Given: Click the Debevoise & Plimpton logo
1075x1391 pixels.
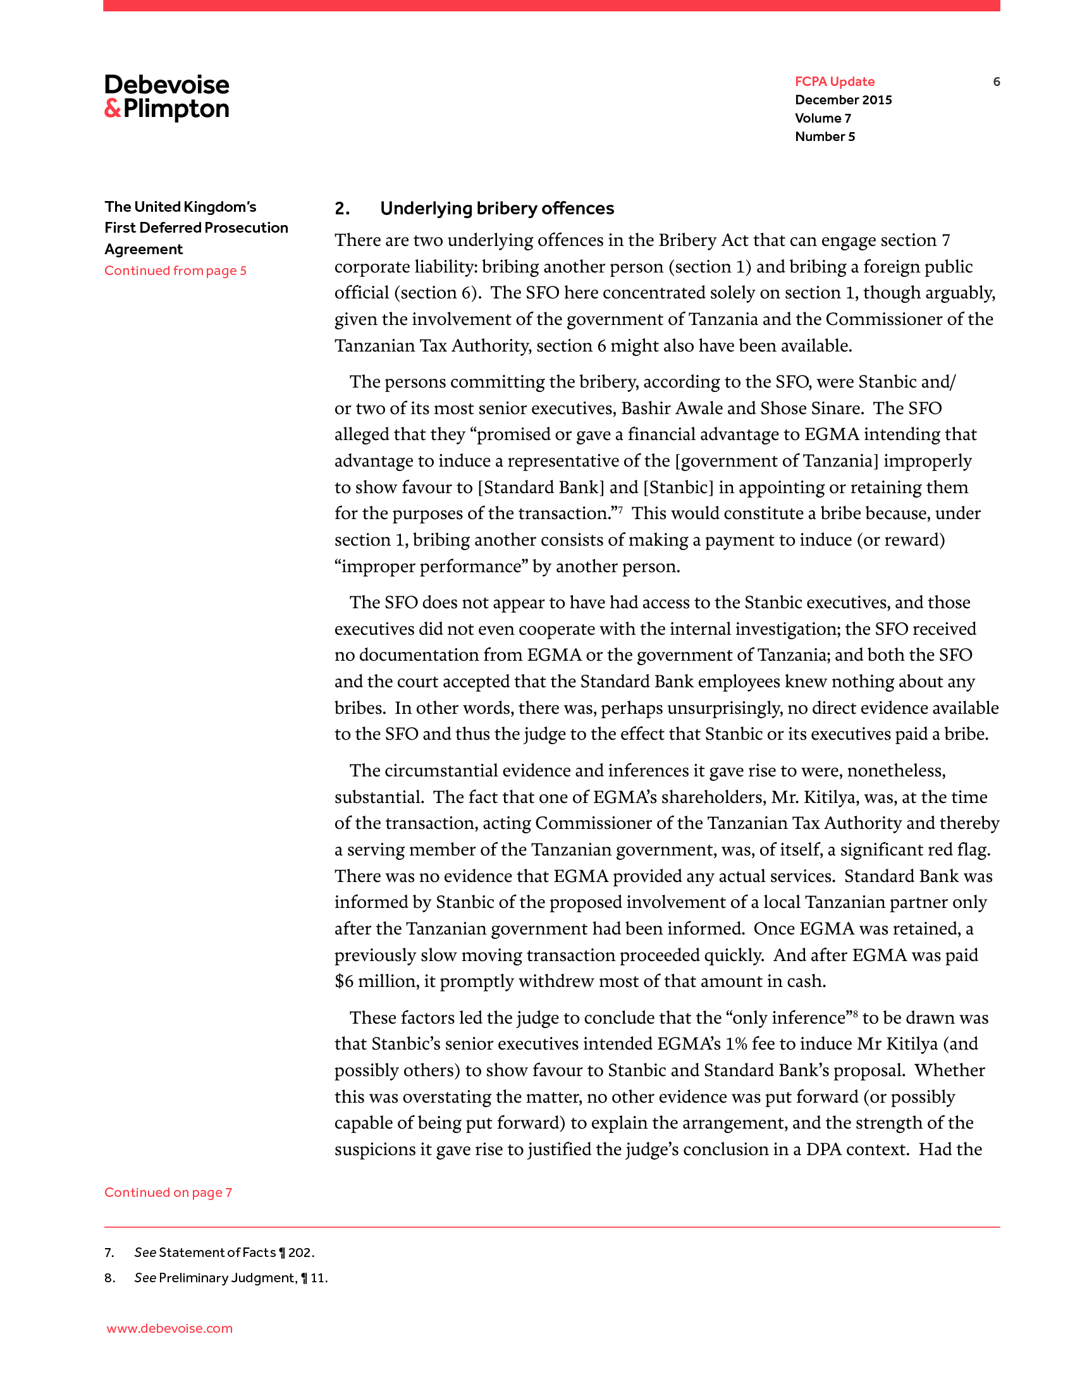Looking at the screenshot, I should (x=167, y=97).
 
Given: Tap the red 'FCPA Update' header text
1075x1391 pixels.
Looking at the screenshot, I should (x=834, y=82).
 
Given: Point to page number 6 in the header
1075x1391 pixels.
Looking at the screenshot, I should (x=996, y=82).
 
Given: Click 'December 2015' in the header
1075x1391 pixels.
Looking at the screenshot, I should (x=843, y=100).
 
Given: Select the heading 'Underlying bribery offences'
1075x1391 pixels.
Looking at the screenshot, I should (x=497, y=209).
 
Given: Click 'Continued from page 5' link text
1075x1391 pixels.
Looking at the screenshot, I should (x=175, y=271).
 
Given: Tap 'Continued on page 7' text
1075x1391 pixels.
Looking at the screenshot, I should (x=168, y=1192).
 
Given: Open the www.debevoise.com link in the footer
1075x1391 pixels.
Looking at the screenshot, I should (x=169, y=1328).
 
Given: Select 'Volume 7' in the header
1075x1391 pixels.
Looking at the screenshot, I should (x=823, y=118).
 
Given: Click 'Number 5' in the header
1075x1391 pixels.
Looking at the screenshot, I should (x=825, y=137).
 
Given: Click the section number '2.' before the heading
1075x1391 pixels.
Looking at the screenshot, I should (x=343, y=209).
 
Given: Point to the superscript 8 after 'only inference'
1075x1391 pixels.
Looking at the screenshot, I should (x=856, y=1014).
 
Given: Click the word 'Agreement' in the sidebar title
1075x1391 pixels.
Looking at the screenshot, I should (x=144, y=250).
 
